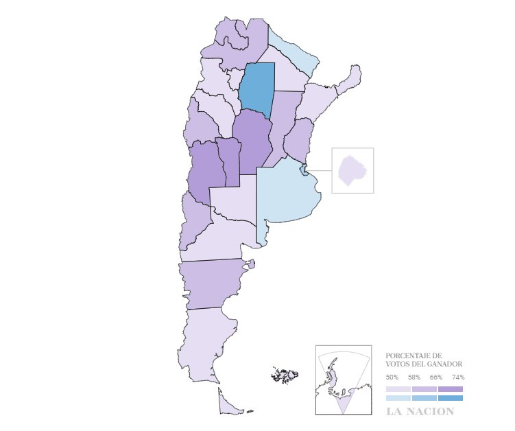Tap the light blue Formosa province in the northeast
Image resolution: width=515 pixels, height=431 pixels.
point(294,52)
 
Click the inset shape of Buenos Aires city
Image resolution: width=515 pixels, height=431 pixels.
point(352,170)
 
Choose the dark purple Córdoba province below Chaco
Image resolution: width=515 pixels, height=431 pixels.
point(252,141)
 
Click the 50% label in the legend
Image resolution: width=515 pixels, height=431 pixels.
point(392,377)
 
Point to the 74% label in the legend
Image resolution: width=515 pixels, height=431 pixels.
point(458,377)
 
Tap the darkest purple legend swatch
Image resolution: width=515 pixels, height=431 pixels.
point(451,389)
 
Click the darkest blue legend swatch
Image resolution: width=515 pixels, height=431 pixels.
point(451,398)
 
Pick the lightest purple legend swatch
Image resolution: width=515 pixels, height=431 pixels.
point(398,389)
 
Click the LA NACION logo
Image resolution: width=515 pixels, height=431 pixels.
point(420,412)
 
